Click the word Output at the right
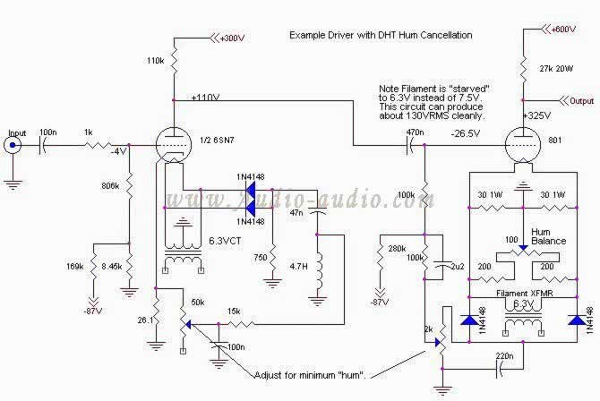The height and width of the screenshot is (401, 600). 582,101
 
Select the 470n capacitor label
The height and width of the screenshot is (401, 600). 415,132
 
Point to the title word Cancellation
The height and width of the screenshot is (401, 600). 441,35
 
